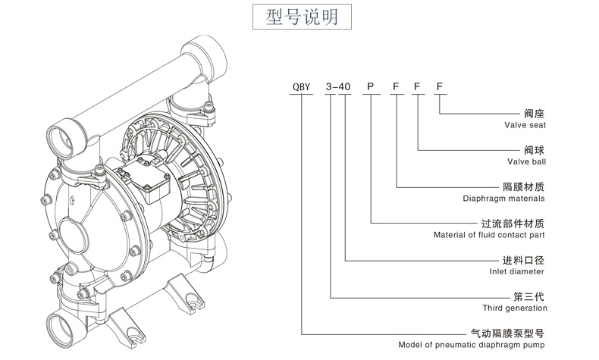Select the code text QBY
[x=302, y=87]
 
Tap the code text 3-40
[x=337, y=87]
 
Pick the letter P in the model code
[x=371, y=87]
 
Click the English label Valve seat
[x=526, y=125]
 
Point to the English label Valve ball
[x=527, y=161]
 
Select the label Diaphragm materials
[x=504, y=198]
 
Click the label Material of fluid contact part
[x=489, y=235]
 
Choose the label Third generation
[x=515, y=308]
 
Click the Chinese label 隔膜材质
[x=525, y=186]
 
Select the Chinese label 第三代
[x=531, y=296]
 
